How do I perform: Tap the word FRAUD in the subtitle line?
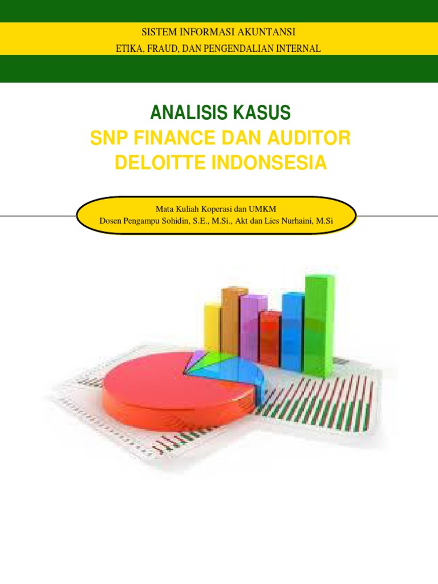tap(161, 49)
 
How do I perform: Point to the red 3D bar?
tap(269, 339)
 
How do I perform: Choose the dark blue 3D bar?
tap(293, 331)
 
